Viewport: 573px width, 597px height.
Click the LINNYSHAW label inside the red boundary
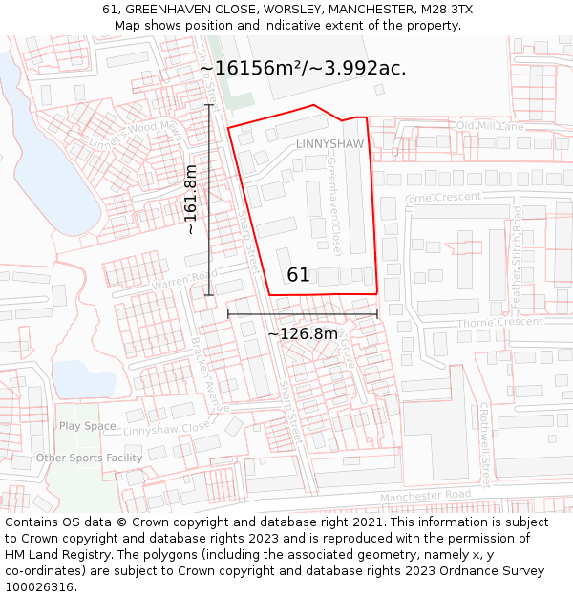pyautogui.click(x=329, y=144)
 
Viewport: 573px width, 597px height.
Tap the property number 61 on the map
pyautogui.click(x=298, y=275)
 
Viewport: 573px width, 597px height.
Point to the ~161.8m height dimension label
pyautogui.click(x=191, y=199)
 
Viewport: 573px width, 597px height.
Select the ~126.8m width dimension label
pyautogui.click(x=302, y=334)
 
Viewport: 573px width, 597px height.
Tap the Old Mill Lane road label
pyautogui.click(x=490, y=126)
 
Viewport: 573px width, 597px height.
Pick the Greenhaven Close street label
pyautogui.click(x=334, y=206)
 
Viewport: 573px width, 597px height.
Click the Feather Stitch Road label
pyautogui.click(x=516, y=256)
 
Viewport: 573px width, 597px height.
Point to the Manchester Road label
pyautogui.click(x=425, y=496)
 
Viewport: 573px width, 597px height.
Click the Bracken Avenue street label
pyautogui.click(x=210, y=373)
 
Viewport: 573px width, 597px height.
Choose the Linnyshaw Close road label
pyautogui.click(x=166, y=430)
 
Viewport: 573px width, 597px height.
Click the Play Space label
pyautogui.click(x=87, y=426)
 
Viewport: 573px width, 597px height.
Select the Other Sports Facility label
pyautogui.click(x=89, y=458)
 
